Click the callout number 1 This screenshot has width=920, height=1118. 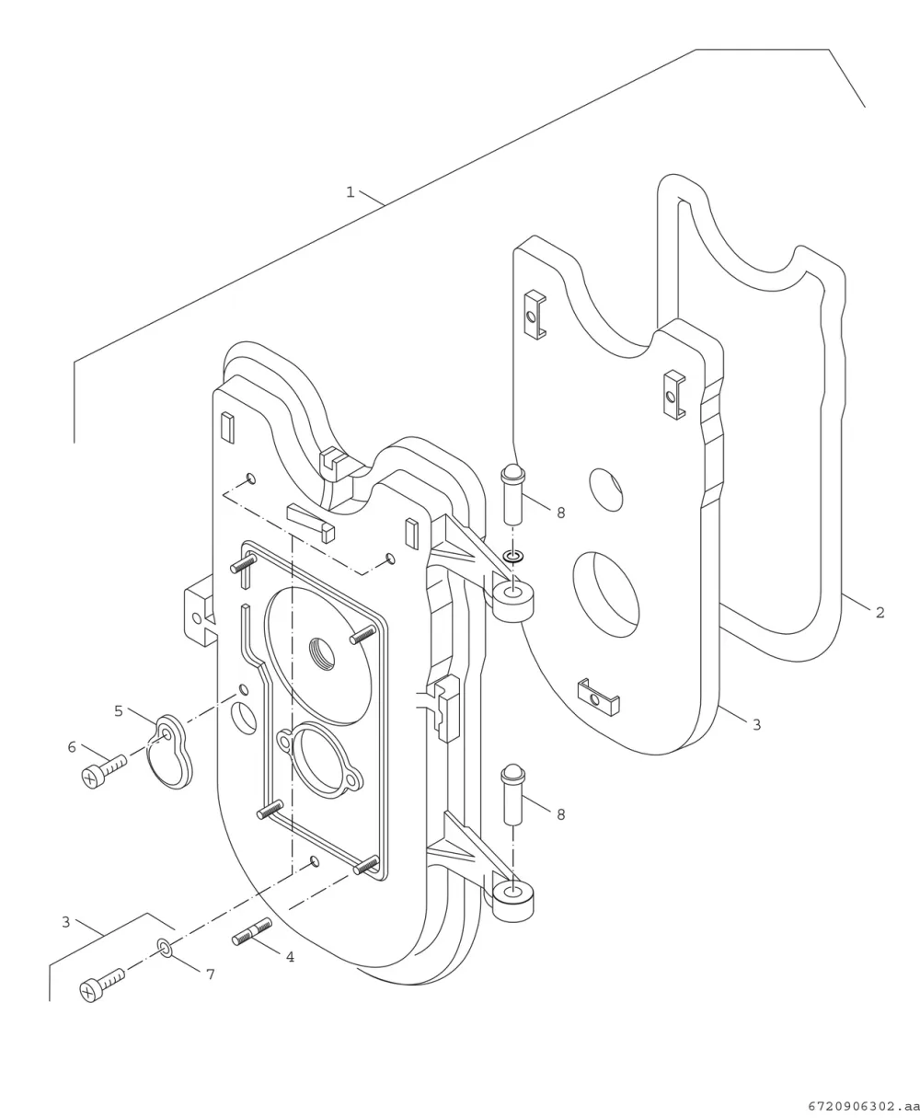tap(350, 192)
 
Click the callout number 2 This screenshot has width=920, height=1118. tap(880, 612)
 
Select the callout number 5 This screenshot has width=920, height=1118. tap(119, 711)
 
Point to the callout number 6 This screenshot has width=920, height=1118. tap(72, 747)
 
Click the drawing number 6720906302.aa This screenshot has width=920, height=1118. tap(863, 1106)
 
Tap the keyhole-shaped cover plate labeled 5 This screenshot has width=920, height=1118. tap(169, 752)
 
